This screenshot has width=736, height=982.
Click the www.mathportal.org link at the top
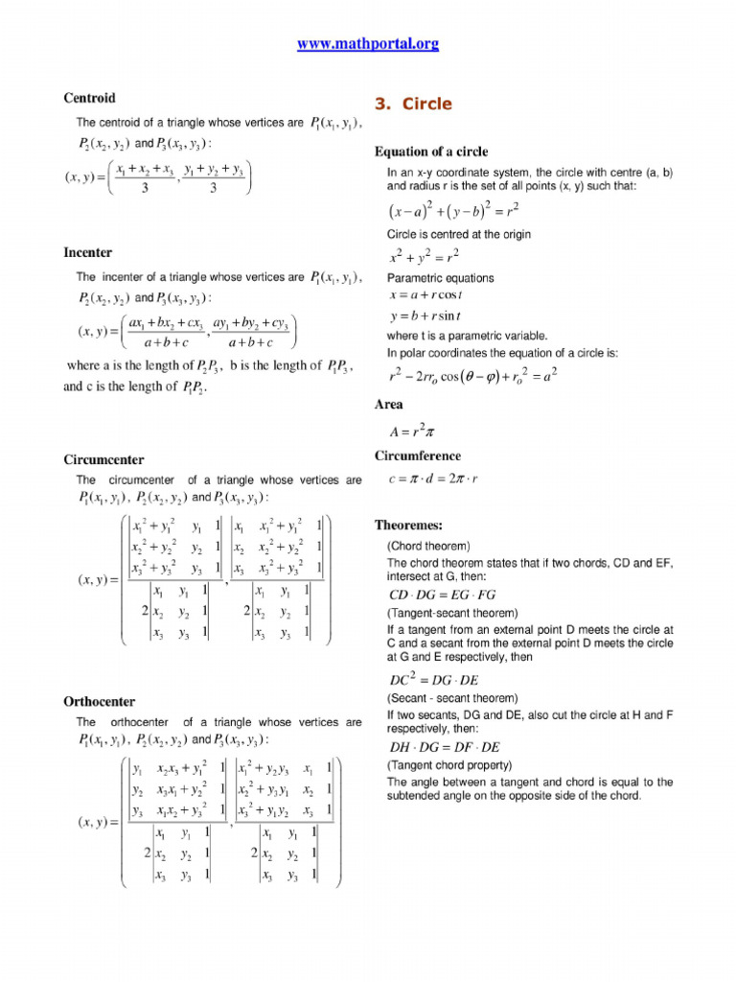coord(368,44)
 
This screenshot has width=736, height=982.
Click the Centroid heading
coord(89,98)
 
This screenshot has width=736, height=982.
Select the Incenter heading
coord(87,253)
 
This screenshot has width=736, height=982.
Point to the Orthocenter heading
coord(99,702)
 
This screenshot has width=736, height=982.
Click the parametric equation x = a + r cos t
coord(425,295)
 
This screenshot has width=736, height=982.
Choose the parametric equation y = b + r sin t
coord(425,316)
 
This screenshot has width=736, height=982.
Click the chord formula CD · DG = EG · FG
coord(444,597)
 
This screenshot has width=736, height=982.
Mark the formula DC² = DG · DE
coord(434,680)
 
